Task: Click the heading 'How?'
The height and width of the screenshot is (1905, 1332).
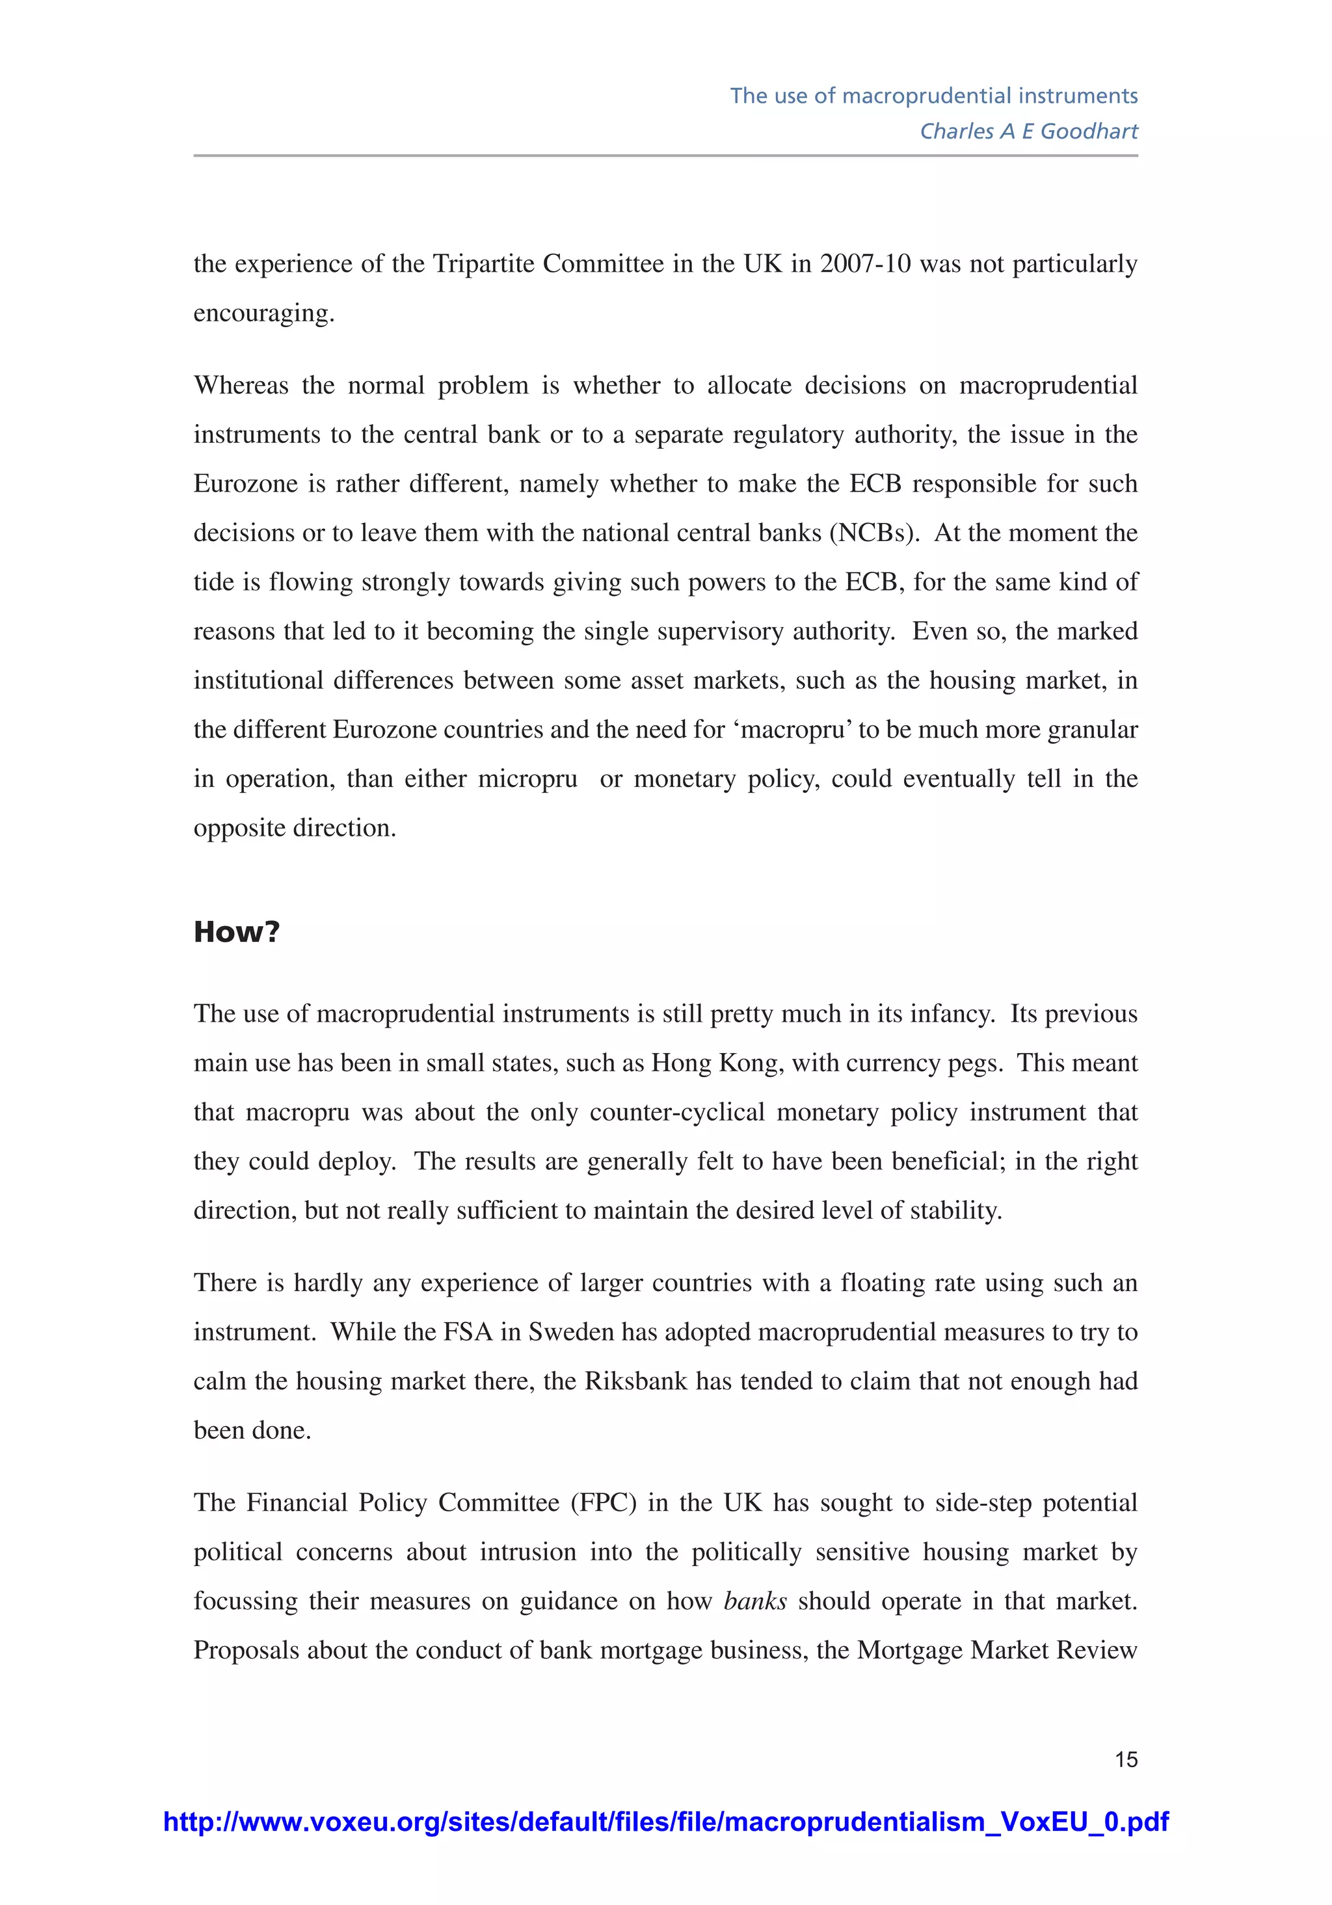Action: point(237,932)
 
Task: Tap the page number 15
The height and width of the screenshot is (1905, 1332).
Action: point(1125,1759)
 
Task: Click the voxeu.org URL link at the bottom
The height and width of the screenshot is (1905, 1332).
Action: point(665,1821)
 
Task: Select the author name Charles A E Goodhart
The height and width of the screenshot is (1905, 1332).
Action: point(1028,131)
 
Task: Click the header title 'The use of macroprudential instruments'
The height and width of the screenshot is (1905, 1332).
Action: point(934,96)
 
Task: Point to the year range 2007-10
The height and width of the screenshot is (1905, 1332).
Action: point(866,264)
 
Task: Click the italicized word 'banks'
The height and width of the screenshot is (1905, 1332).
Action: point(754,1601)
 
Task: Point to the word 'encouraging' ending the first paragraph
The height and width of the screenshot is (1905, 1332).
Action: point(263,313)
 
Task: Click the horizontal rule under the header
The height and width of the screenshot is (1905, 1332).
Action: point(665,155)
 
